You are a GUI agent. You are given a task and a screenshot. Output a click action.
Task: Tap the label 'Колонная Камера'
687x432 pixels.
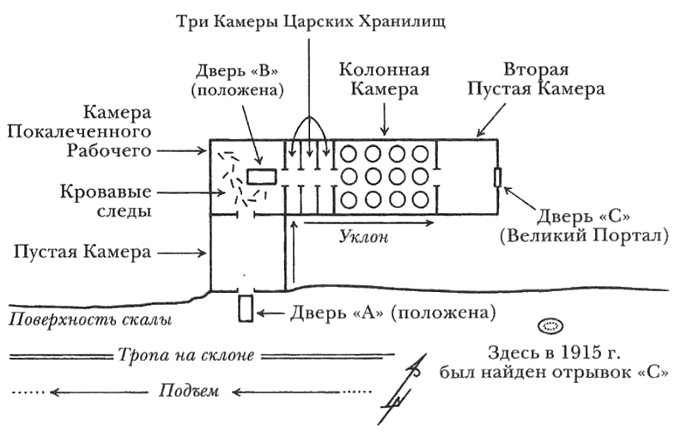tap(384, 78)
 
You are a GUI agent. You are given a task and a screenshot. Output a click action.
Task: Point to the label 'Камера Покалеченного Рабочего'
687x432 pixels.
tap(116, 131)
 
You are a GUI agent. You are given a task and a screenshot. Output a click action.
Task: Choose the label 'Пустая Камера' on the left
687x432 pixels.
tap(82, 253)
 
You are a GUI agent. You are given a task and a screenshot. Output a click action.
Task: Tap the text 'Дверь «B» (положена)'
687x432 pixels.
tap(240, 78)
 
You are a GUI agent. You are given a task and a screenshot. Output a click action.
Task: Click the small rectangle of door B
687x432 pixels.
tap(262, 176)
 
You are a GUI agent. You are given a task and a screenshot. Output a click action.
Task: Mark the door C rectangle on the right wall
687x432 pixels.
tap(497, 177)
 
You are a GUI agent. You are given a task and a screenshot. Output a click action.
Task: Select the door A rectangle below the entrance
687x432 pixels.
tap(245, 307)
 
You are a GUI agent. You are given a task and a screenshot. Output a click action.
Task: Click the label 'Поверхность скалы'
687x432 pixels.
tap(86, 320)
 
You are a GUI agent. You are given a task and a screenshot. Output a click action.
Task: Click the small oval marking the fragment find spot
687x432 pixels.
tap(548, 326)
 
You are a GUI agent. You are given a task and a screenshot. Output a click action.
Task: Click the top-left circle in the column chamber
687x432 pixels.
tap(350, 155)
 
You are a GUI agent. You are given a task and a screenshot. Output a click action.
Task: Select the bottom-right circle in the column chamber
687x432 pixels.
tap(422, 201)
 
